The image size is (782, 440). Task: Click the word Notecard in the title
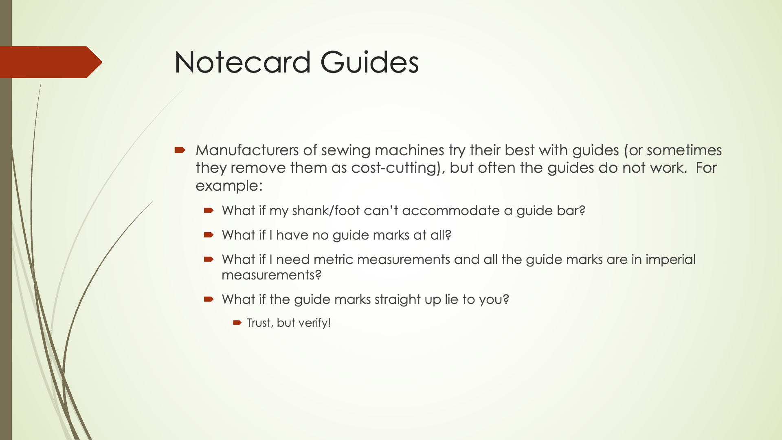(x=243, y=62)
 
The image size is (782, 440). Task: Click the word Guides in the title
(x=369, y=62)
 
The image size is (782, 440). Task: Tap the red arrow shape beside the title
(x=51, y=62)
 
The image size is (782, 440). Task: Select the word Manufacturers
(x=247, y=150)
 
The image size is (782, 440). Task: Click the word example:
(x=229, y=186)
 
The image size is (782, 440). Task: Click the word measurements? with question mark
(x=271, y=275)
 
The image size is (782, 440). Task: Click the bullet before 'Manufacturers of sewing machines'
(x=180, y=150)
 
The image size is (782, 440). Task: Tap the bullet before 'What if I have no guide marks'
(x=209, y=235)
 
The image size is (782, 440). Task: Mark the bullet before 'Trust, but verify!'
(x=237, y=323)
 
